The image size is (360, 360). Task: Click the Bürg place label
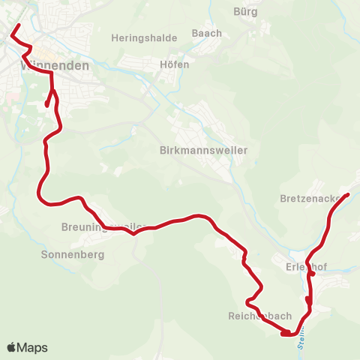[x=245, y=11]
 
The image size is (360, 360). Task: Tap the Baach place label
[x=207, y=33]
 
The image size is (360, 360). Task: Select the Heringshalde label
[x=144, y=37]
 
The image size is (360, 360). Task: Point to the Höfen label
[x=175, y=64]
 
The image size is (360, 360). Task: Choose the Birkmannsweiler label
[x=204, y=150]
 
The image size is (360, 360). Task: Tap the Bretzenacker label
[x=314, y=199]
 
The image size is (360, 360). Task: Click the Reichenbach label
[x=259, y=316]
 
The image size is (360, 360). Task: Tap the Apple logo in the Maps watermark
[x=11, y=348]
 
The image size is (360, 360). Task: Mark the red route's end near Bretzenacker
[x=349, y=196]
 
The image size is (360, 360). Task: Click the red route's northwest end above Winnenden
[x=17, y=26]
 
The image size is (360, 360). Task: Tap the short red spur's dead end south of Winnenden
[x=46, y=106]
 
